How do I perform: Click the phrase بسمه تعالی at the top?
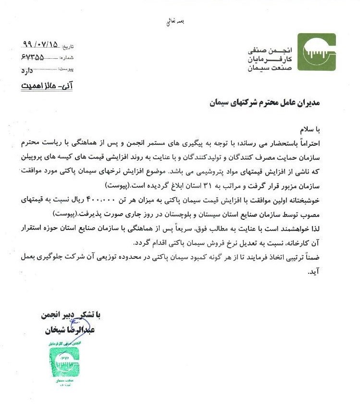pyautogui.click(x=175, y=22)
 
